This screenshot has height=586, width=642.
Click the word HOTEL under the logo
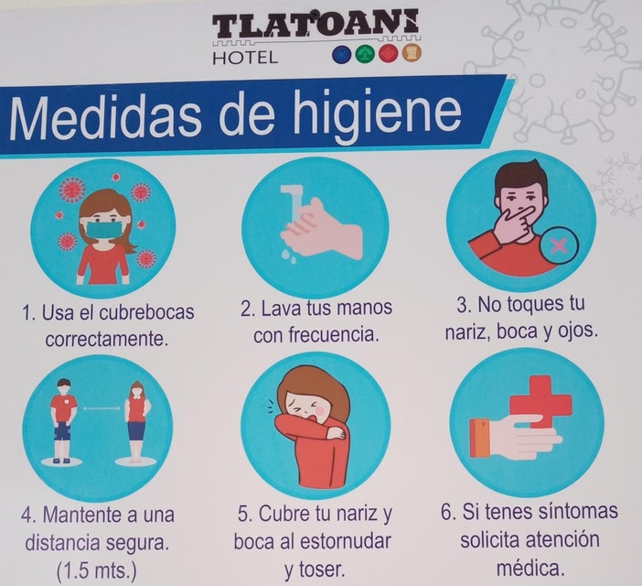pos(245,58)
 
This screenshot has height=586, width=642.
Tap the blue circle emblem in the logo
pos(343,55)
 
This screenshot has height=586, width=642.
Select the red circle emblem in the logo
pos(389,54)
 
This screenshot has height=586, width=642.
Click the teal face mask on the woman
pos(105,230)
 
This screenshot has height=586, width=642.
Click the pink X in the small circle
pos(560,245)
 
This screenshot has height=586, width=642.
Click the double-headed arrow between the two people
pos(102,408)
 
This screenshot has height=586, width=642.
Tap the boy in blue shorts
pos(62,421)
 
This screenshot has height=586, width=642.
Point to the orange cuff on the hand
pos(480,439)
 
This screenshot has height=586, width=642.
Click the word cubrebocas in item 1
pos(146,312)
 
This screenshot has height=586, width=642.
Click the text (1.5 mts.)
pos(97,570)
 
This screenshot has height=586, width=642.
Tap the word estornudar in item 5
pos(346,541)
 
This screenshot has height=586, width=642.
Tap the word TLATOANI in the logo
pos(316,24)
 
